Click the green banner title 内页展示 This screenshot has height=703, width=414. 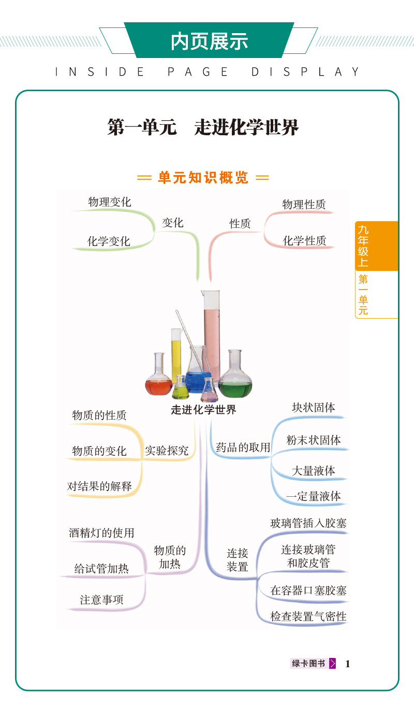209,41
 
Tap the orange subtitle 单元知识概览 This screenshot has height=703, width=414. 203,178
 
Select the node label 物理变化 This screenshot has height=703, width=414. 109,202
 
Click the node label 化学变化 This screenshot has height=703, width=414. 109,241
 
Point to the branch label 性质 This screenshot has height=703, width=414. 240,224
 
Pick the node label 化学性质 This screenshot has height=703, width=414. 304,241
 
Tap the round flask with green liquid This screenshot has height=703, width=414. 235,374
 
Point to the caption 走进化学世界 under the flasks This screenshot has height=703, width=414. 203,410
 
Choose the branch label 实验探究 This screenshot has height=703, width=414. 167,451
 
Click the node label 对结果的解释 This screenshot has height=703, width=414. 99,486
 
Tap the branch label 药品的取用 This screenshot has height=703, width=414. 243,447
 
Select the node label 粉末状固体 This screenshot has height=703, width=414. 314,440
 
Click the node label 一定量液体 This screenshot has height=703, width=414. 314,496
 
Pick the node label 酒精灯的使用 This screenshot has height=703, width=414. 101,533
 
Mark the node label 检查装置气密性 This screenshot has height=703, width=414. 308,616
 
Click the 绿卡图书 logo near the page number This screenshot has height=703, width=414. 313,663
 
